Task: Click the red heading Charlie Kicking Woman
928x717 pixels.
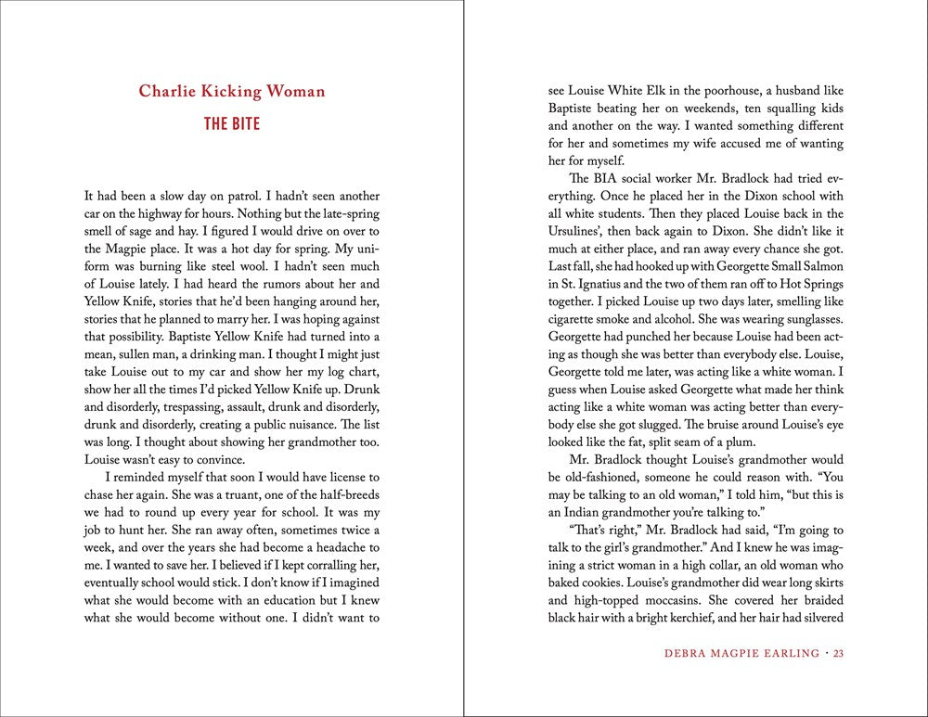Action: (x=232, y=91)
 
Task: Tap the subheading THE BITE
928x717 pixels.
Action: (x=232, y=123)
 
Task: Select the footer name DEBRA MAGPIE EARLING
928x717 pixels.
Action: (x=741, y=655)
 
